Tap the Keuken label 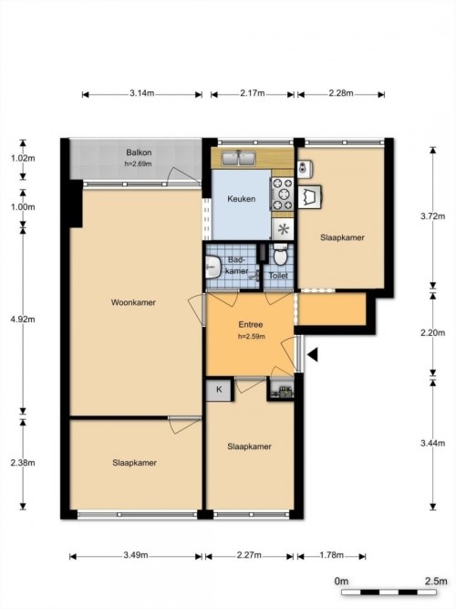click(x=241, y=199)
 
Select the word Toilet click(x=280, y=275)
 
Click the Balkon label click(x=139, y=152)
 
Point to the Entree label click(x=251, y=325)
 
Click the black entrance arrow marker click(x=312, y=355)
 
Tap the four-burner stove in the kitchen click(x=282, y=194)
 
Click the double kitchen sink click(x=241, y=159)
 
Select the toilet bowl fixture click(x=280, y=255)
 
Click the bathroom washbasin click(x=212, y=267)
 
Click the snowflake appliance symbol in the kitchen click(x=283, y=228)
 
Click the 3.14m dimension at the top click(x=141, y=93)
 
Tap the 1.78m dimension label click(x=332, y=555)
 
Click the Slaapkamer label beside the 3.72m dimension click(x=342, y=237)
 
